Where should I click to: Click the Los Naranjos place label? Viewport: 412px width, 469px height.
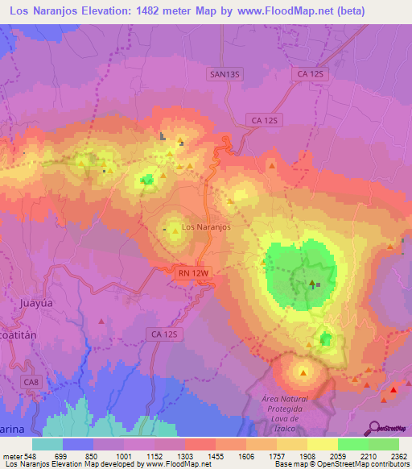[x=207, y=227]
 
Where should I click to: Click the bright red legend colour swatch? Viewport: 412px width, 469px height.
[x=200, y=444]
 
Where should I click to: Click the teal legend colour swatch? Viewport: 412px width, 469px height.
[x=47, y=444]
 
